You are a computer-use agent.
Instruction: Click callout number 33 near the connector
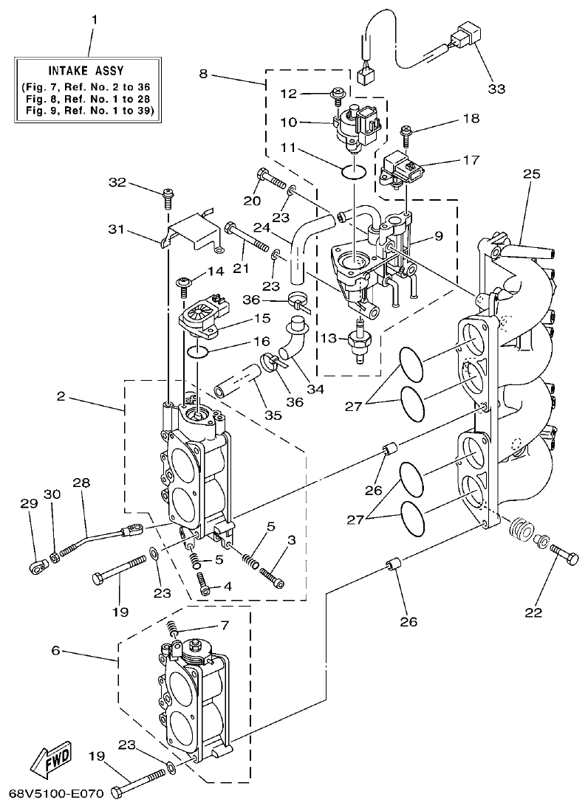click(496, 89)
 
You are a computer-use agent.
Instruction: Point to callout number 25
click(532, 175)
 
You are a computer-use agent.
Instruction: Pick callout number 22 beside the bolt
click(533, 612)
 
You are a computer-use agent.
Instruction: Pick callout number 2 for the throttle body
click(61, 396)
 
